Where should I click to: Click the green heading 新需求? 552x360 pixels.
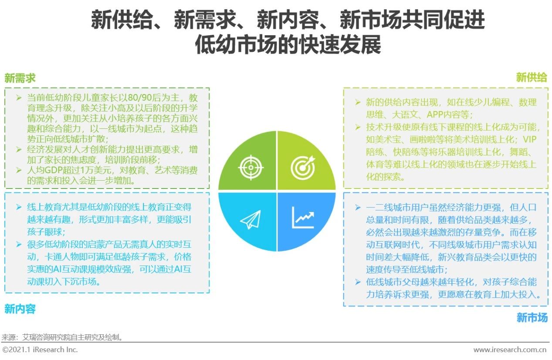pos(20,78)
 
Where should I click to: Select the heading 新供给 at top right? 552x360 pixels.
pos(531,78)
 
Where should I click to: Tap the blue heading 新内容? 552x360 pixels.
pos(20,310)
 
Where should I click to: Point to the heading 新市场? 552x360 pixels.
pos(532,318)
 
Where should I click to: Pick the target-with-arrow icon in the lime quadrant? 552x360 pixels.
pos(302,166)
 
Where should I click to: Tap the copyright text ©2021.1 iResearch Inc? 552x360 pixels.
pos(40,350)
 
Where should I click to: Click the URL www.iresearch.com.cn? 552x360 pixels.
pos(510,350)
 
